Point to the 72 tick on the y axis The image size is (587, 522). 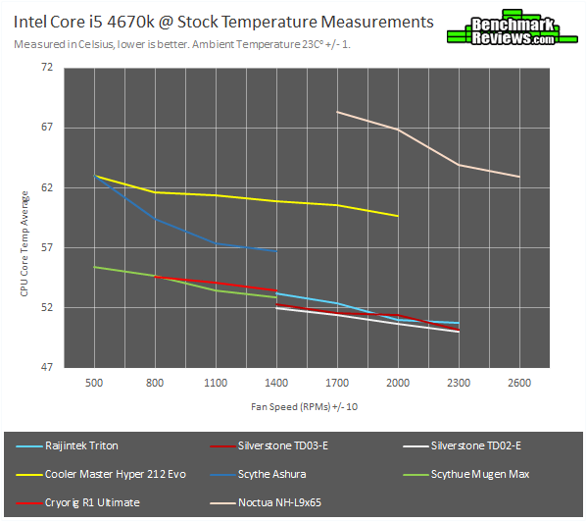pos(47,67)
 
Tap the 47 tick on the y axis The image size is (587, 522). pos(47,368)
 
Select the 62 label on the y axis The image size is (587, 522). pos(47,187)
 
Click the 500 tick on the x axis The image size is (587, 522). pos(94,382)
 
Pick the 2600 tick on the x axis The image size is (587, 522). pos(519,382)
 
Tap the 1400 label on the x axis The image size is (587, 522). pos(276,382)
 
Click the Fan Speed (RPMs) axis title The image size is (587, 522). pos(291,405)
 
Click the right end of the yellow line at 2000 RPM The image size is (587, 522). pos(398,216)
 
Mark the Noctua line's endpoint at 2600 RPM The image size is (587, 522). pos(519,177)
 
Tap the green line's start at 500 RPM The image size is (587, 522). pos(94,267)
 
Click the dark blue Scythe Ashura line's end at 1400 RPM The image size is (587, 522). pos(276,252)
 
